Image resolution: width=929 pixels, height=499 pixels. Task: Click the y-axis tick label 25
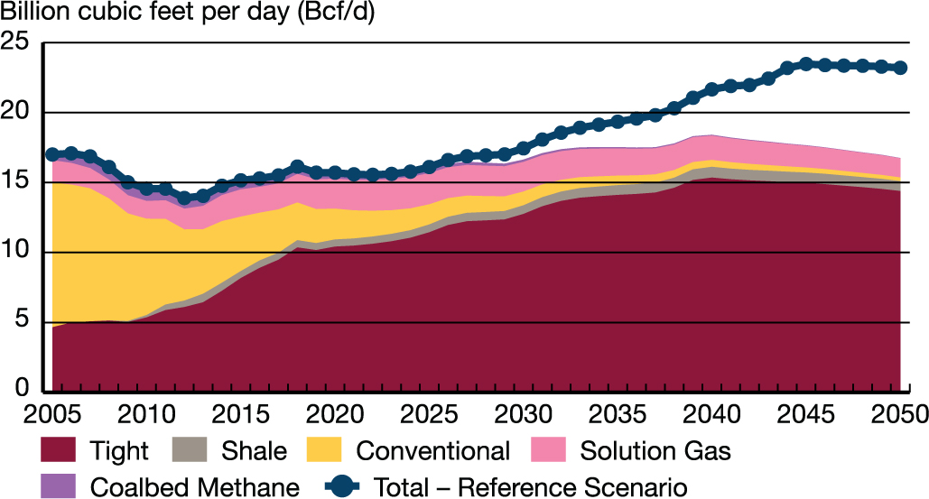tap(15, 42)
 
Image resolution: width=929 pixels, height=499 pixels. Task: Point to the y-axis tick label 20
tap(15, 112)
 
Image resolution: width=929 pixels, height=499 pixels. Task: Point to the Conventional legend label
tap(433, 450)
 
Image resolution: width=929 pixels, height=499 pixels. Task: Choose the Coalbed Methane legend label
tap(194, 487)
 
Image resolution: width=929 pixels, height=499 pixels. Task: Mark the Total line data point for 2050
tap(900, 68)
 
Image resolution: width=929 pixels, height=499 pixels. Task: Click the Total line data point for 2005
tap(52, 154)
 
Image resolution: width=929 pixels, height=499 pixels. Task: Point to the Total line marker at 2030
tap(524, 148)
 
